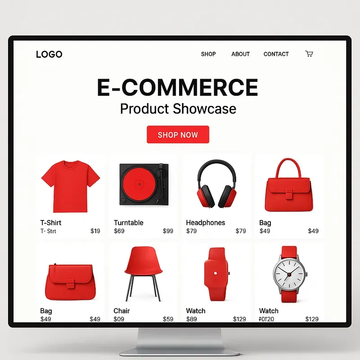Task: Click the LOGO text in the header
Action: point(49,54)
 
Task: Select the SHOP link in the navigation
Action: point(208,54)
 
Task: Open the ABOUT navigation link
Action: point(240,54)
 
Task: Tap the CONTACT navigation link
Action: point(276,54)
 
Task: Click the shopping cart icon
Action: point(309,54)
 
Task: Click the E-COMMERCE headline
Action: point(178,88)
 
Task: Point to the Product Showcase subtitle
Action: point(178,109)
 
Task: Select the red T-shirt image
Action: point(70,186)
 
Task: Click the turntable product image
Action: point(144,184)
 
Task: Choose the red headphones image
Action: point(216,185)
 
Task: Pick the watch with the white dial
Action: point(289,274)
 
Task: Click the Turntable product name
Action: point(129,223)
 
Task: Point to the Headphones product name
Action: point(205,223)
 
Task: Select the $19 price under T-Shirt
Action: point(95,231)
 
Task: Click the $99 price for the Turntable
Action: point(168,231)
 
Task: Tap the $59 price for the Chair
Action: point(168,319)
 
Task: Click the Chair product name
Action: point(121,311)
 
